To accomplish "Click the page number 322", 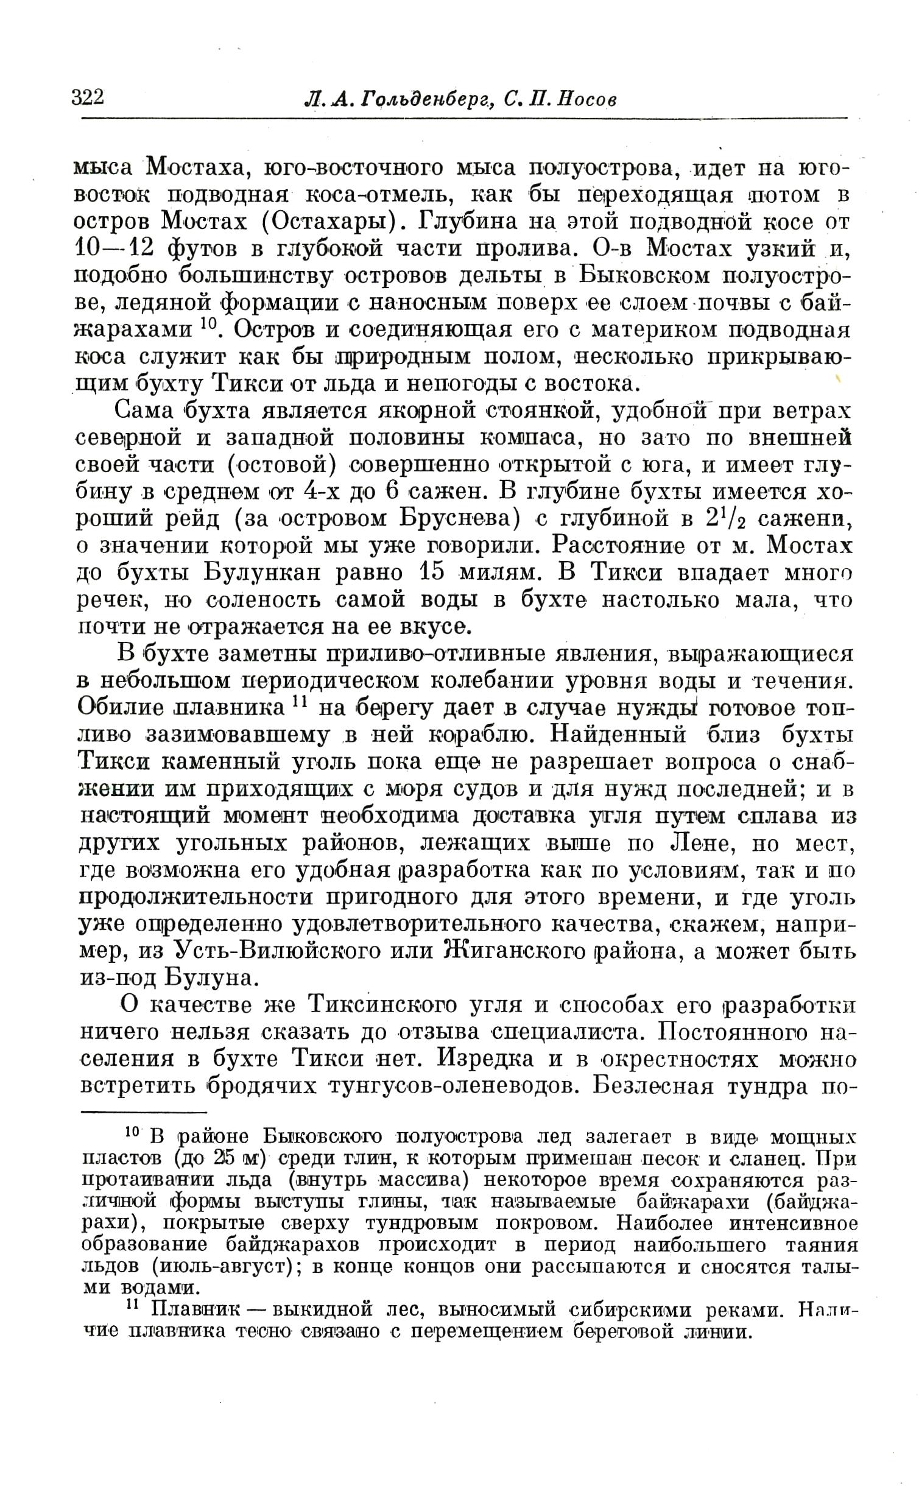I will (88, 97).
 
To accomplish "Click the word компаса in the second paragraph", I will (524, 438).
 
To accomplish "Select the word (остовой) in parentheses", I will (281, 465).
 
